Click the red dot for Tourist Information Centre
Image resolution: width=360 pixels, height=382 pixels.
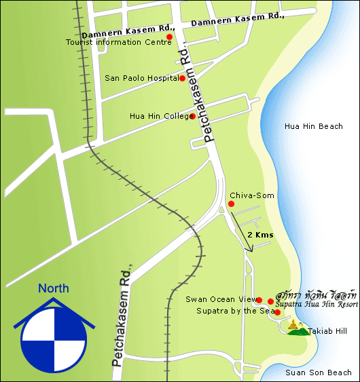(x=169, y=37)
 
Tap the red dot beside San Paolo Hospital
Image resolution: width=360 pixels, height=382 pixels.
(x=182, y=78)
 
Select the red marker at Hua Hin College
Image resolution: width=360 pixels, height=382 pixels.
(x=193, y=116)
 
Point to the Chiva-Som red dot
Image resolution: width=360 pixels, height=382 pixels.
(x=231, y=204)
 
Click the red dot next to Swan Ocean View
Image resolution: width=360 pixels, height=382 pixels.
(x=259, y=299)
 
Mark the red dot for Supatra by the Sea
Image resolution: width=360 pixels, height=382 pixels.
(x=277, y=312)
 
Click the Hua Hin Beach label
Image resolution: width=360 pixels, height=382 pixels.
(x=314, y=127)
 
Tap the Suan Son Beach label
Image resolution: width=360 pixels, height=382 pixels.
(x=319, y=373)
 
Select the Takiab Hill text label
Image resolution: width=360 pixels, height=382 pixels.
(x=327, y=331)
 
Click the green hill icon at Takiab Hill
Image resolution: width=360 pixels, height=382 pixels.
(x=295, y=329)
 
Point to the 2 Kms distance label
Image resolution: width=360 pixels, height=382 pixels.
(x=260, y=234)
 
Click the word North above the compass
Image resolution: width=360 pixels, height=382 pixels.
(x=53, y=288)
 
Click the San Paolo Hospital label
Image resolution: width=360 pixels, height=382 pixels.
(x=141, y=78)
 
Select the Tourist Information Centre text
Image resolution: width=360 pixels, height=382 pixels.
(x=118, y=42)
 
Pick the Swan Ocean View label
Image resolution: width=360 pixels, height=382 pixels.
(x=220, y=299)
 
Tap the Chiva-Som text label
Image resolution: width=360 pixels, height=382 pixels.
(x=252, y=195)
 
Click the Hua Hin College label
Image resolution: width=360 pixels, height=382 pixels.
(x=159, y=116)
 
